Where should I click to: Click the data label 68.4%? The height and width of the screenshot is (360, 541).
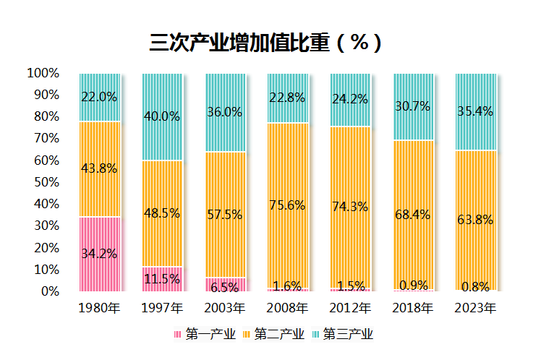pos(413,214)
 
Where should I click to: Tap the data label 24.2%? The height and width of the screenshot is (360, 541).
pos(350,99)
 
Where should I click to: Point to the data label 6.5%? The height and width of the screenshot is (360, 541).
pos(225,286)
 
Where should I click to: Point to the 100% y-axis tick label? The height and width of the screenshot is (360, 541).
pos(43,73)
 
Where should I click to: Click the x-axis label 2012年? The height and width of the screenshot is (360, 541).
pos(350,309)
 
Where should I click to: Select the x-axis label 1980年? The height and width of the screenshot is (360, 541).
pos(100,309)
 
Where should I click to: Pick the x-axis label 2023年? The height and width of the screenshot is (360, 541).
pos(475,309)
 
